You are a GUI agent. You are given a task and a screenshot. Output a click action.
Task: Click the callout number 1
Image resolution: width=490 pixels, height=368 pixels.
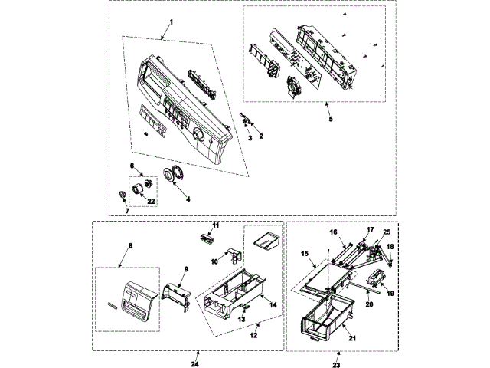[171, 21]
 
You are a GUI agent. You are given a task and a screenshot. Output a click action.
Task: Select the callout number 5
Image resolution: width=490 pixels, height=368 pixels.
[331, 120]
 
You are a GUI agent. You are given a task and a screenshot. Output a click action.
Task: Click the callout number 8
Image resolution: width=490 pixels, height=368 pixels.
[129, 246]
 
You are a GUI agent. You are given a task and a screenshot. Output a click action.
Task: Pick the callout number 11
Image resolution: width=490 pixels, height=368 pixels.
[216, 225]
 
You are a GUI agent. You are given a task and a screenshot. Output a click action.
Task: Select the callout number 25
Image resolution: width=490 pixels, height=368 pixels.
[387, 232]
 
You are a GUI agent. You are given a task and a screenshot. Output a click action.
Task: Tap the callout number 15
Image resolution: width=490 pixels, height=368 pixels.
[303, 253]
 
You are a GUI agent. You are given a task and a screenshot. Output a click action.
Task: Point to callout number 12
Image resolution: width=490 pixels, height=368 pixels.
[253, 335]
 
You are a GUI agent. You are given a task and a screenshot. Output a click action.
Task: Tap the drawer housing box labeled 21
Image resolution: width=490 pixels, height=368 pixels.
[321, 318]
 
